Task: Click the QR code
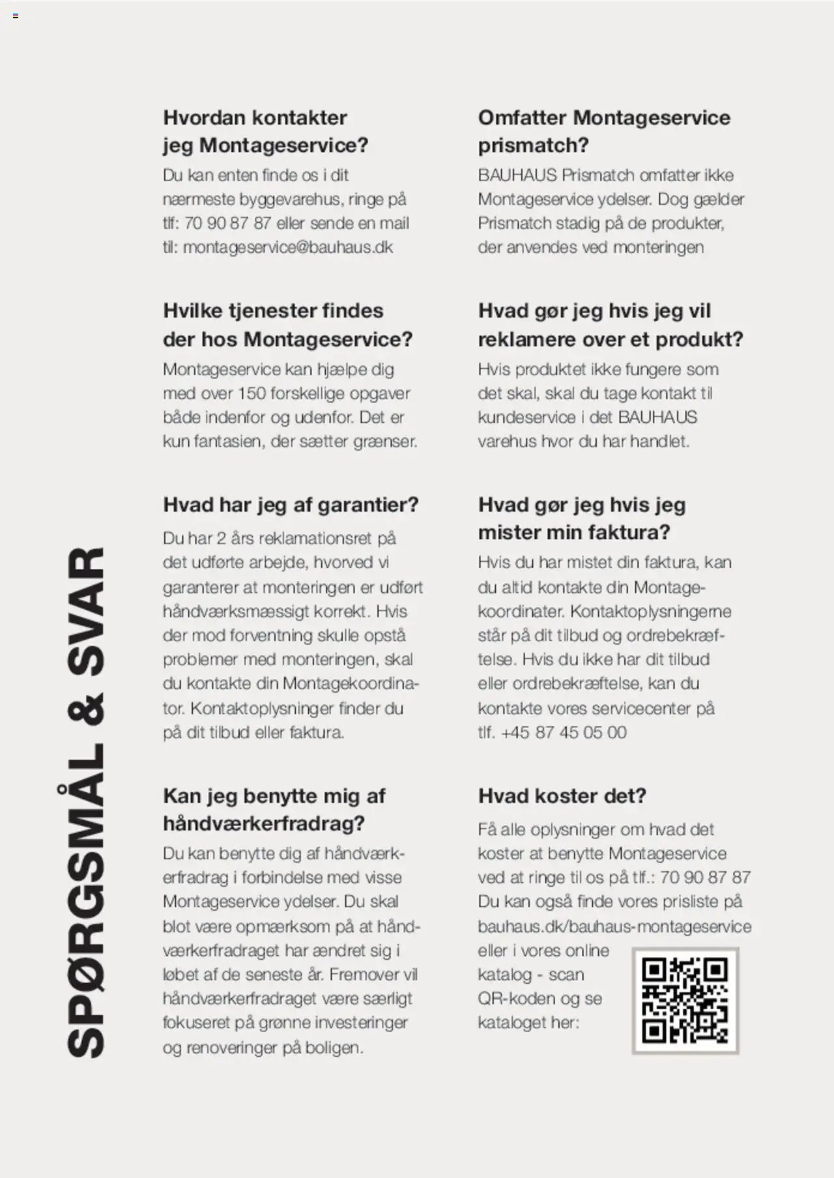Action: coord(685,1000)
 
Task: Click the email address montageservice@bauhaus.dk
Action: coord(288,248)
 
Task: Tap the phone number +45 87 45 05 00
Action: coord(564,732)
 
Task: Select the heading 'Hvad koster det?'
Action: coord(562,796)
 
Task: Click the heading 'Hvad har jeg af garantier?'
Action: coord(291,505)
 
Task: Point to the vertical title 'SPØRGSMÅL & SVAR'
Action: coord(85,801)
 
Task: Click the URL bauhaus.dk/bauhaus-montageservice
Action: coord(614,927)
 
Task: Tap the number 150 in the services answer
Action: coord(252,394)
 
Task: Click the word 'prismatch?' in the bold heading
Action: coord(533,145)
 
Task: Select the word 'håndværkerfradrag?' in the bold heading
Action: coord(263,824)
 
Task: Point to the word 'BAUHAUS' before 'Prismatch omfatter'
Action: coord(517,175)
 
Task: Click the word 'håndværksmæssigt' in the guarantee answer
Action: coord(236,612)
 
